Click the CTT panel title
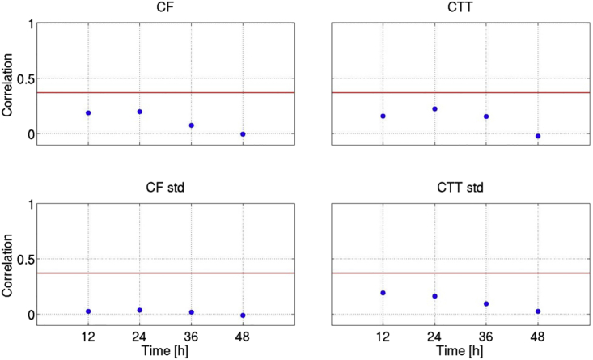460,8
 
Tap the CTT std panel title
460,189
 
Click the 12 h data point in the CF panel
88,113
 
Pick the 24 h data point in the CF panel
140,112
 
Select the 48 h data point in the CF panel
243,134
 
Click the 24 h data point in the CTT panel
434,108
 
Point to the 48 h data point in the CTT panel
538,136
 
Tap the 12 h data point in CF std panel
88,311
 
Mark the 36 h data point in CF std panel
192,312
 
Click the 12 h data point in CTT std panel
383,293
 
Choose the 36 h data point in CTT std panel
486,304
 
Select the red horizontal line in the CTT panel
460,92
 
